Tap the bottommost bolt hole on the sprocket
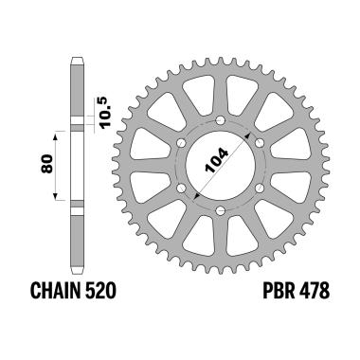[219, 210]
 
